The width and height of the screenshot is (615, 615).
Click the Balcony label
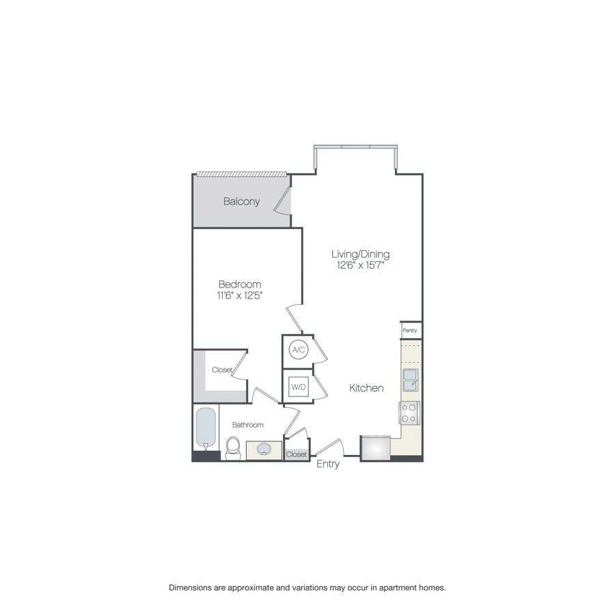click(242, 201)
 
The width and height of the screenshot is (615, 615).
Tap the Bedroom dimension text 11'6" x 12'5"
click(240, 295)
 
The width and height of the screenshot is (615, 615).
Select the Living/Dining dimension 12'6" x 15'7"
click(360, 265)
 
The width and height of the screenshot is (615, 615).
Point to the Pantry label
click(410, 330)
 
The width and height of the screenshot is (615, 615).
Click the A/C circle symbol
click(299, 349)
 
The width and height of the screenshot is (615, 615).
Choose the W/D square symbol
click(299, 387)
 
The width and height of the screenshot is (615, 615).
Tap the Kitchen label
click(366, 388)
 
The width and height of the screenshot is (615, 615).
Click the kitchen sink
click(410, 380)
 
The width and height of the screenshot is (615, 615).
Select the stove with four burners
click(409, 413)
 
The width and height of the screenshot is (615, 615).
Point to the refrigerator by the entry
click(375, 448)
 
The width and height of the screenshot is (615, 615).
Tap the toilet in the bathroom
click(233, 448)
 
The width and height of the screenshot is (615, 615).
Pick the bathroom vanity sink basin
click(264, 449)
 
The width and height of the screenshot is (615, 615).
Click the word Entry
click(328, 464)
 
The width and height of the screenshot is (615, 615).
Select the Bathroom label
click(248, 425)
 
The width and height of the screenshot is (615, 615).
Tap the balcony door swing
click(283, 201)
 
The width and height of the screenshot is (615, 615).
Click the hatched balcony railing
click(242, 174)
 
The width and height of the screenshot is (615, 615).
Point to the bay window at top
click(355, 148)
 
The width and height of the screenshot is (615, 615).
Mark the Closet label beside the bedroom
click(222, 370)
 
